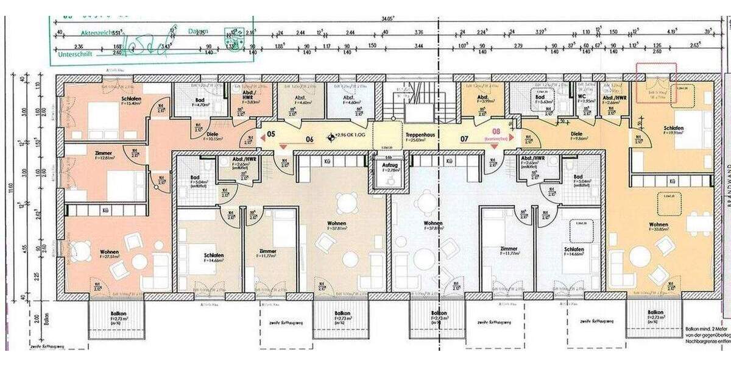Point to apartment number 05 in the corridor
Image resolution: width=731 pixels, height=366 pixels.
tap(271, 134)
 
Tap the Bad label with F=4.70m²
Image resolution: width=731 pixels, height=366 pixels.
tap(199, 101)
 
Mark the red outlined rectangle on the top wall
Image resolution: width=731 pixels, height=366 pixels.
tap(656, 82)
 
